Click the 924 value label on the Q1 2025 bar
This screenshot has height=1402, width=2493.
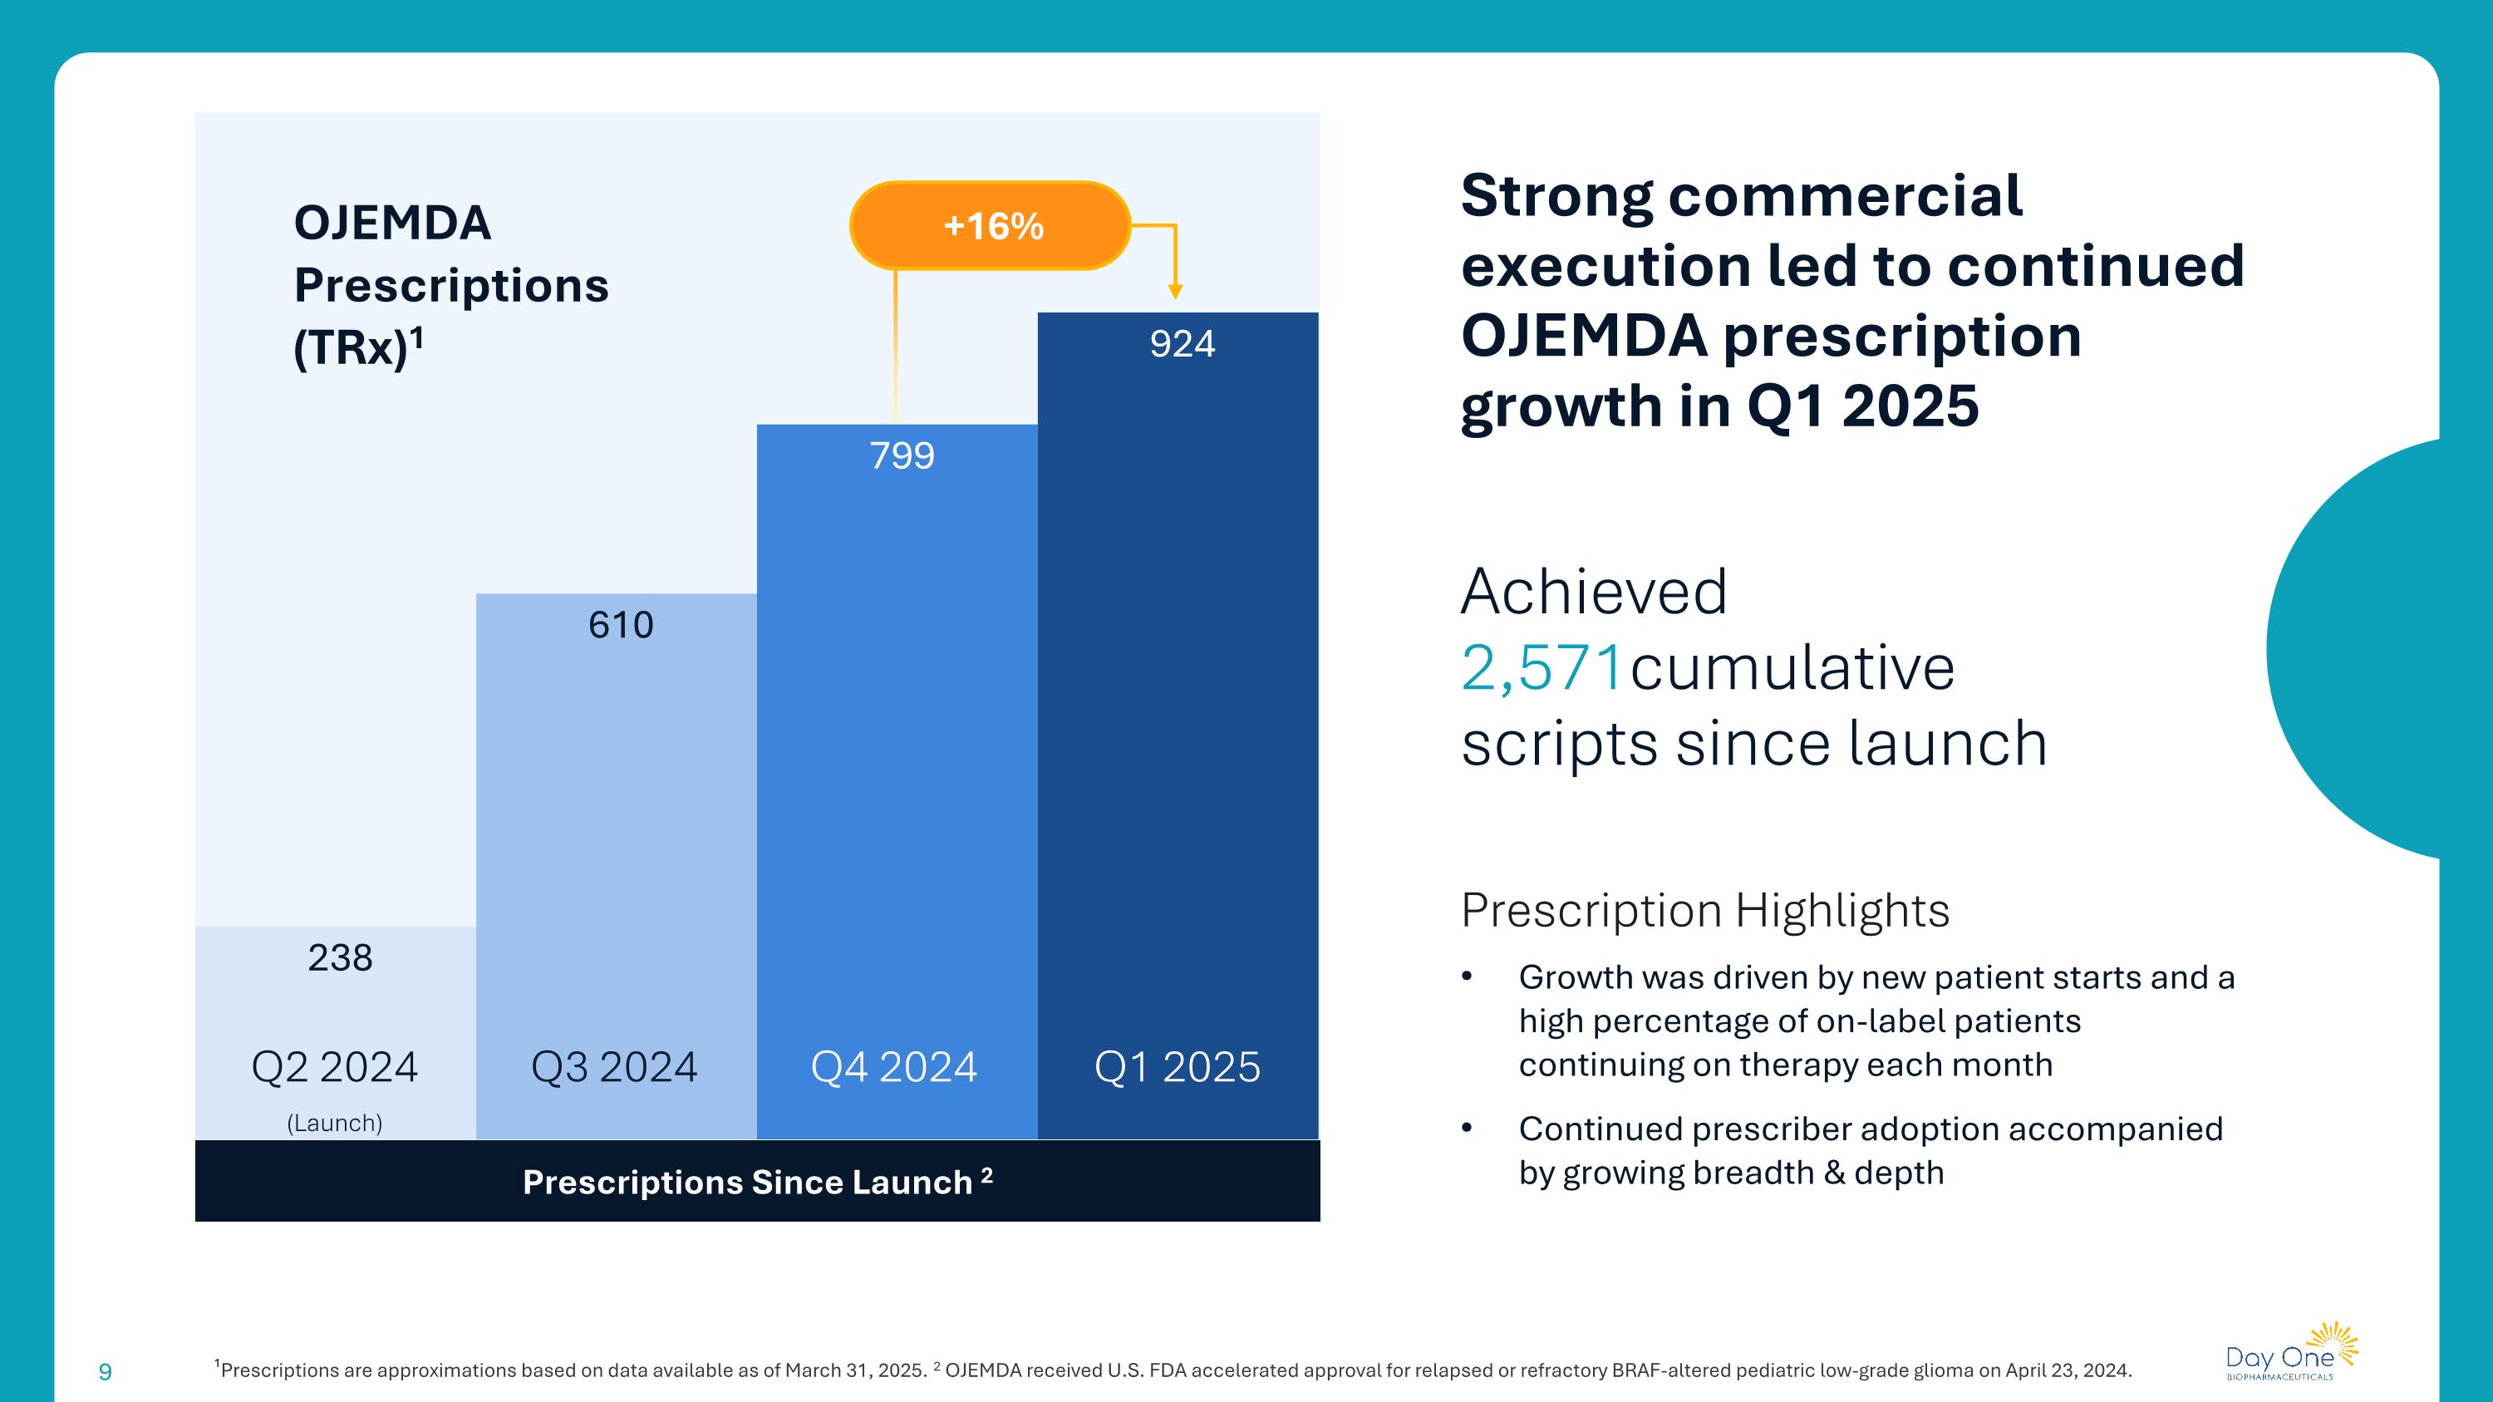point(1182,344)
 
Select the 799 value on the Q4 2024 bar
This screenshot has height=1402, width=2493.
point(902,455)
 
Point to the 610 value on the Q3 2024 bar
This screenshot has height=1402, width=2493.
point(621,625)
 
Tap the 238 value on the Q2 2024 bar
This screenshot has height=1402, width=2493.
point(340,958)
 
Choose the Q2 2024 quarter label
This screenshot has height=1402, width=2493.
point(334,1067)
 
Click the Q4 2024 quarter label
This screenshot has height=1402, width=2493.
point(893,1067)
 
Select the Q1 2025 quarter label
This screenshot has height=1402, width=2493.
point(1177,1067)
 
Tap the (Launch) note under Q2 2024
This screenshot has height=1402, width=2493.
point(334,1124)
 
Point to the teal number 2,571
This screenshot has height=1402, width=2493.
point(1541,667)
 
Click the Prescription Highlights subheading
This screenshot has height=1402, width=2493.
point(1704,911)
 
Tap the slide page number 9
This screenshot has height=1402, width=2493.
point(106,1371)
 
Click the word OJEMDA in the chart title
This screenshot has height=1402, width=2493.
point(392,224)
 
